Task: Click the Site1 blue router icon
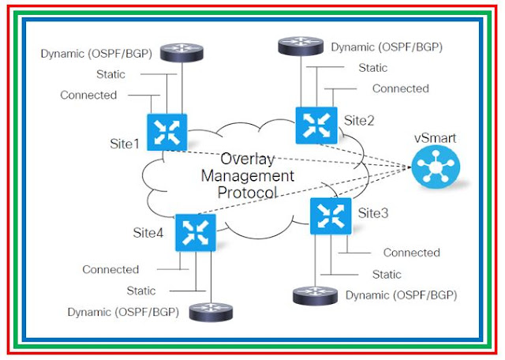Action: point(166,130)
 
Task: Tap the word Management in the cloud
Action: point(248,174)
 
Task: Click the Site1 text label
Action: point(124,144)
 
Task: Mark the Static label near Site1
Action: point(110,74)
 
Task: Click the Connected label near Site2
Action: point(400,88)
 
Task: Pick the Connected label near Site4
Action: point(110,269)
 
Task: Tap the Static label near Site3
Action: point(387,275)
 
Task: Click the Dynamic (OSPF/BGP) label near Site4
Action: point(122,312)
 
